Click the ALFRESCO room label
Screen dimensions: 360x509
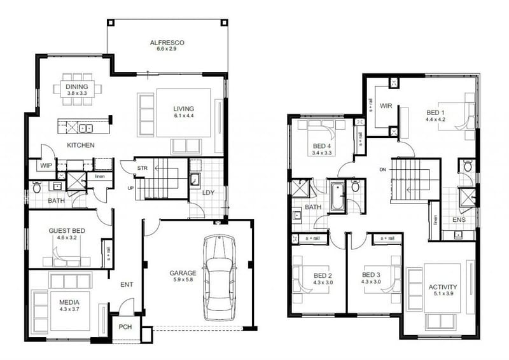click(x=167, y=43)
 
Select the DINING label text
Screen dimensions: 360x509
click(x=77, y=87)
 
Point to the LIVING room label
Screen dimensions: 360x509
click(x=183, y=109)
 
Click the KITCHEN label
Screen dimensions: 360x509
click(x=81, y=146)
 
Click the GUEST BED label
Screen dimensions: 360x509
click(x=67, y=232)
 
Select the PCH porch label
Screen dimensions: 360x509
click(x=125, y=328)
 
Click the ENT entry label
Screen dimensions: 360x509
click(x=126, y=285)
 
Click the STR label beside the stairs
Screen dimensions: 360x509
click(x=143, y=169)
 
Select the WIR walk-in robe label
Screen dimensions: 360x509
click(x=386, y=106)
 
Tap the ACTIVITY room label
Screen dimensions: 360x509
click(x=442, y=287)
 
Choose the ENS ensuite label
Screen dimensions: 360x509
click(x=459, y=219)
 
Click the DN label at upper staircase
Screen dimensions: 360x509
click(x=382, y=169)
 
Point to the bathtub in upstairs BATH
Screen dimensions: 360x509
click(x=337, y=197)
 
